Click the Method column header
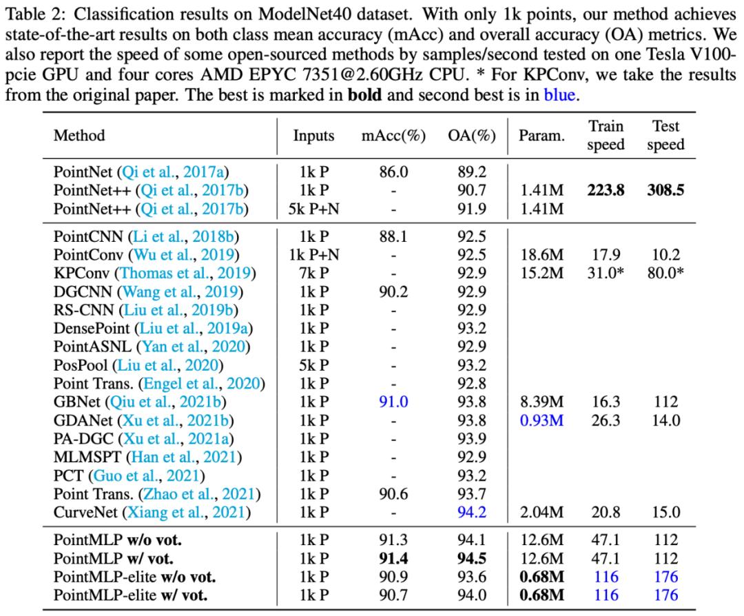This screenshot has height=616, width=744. [x=79, y=136]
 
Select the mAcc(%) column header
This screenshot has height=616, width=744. [x=393, y=136]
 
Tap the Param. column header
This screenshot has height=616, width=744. [x=541, y=136]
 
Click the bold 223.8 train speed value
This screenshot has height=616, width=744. [x=606, y=190]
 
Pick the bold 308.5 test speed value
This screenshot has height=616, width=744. [x=665, y=190]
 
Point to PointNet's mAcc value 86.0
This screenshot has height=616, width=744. [x=393, y=172]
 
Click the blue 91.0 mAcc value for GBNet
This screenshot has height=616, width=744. [x=393, y=402]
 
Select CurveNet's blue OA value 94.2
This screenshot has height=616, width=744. [x=472, y=513]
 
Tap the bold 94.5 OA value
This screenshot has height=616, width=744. [x=472, y=559]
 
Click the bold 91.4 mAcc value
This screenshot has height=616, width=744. [x=393, y=559]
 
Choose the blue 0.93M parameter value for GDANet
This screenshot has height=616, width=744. [x=541, y=420]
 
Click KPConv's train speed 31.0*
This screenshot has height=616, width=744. [x=606, y=274]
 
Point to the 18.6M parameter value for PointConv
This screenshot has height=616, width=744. [x=541, y=255]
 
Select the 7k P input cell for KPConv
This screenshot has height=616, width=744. [x=313, y=274]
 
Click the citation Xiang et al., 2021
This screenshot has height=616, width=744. [x=187, y=513]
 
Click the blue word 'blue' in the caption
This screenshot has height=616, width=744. [x=559, y=95]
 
